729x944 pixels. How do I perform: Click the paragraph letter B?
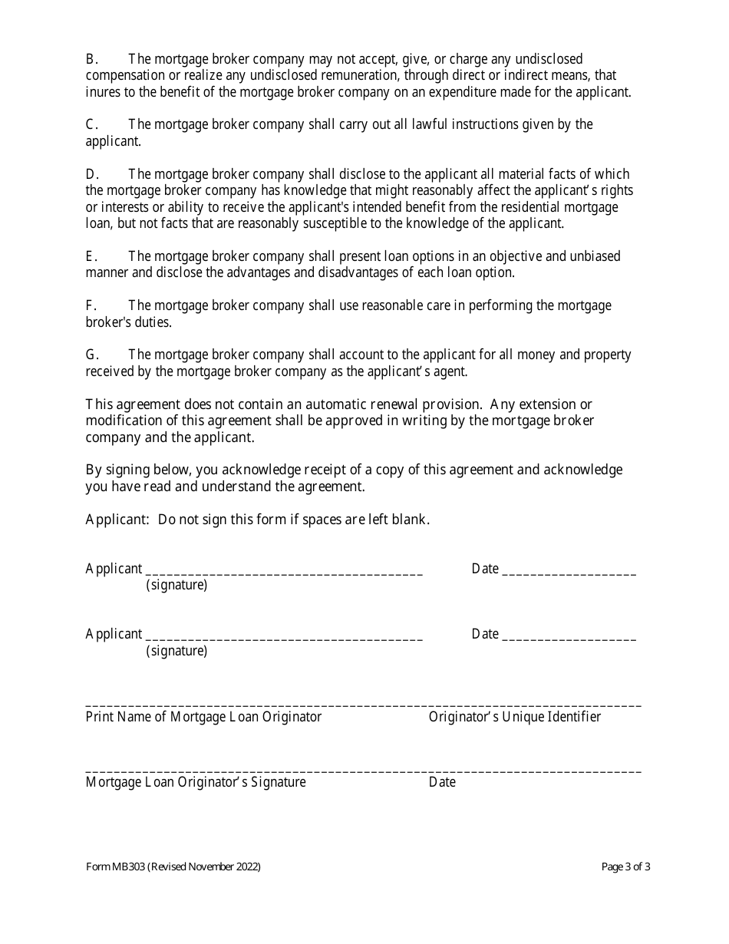click(89, 59)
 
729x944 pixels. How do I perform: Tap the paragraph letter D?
click(90, 174)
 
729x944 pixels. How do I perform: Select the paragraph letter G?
click(91, 355)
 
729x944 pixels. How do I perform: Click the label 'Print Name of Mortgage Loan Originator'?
click(203, 717)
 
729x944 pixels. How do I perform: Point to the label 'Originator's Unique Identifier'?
click(515, 717)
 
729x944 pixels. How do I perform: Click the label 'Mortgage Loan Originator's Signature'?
click(196, 782)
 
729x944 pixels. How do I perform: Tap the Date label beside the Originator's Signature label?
click(442, 782)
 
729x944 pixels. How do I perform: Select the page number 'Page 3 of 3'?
click(626, 867)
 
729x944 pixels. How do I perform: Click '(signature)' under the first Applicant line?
click(176, 586)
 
